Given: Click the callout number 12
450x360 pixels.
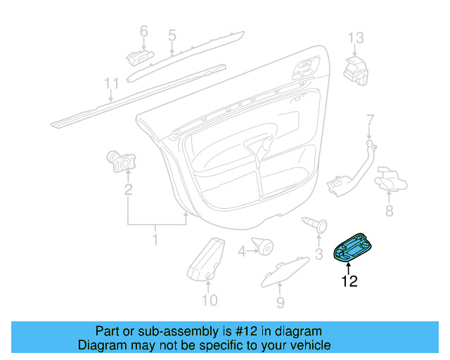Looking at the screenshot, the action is point(349,282).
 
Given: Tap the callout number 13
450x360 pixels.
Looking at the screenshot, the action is point(356,37).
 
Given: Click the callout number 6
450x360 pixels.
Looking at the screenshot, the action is point(143,31).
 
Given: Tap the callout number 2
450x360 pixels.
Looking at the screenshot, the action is point(128,188).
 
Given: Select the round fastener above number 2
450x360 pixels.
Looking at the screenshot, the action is point(122,160).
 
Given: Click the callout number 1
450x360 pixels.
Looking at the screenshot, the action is point(155,241).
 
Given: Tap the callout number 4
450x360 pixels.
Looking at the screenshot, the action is point(242,251).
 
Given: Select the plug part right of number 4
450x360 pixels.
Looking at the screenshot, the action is point(264,246).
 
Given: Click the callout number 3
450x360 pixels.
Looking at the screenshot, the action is point(318,254).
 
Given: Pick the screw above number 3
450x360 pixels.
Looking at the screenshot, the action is point(315,224).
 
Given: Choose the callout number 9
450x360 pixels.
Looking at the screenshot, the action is point(280,302).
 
